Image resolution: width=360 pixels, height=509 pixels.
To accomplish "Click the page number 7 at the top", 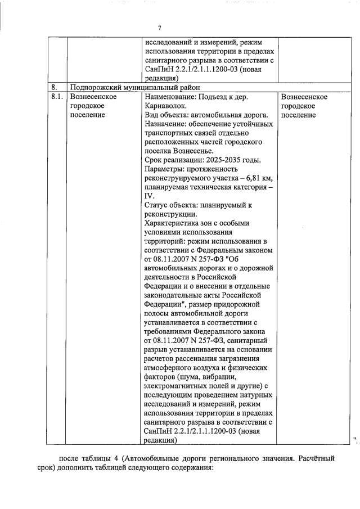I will (160, 29).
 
